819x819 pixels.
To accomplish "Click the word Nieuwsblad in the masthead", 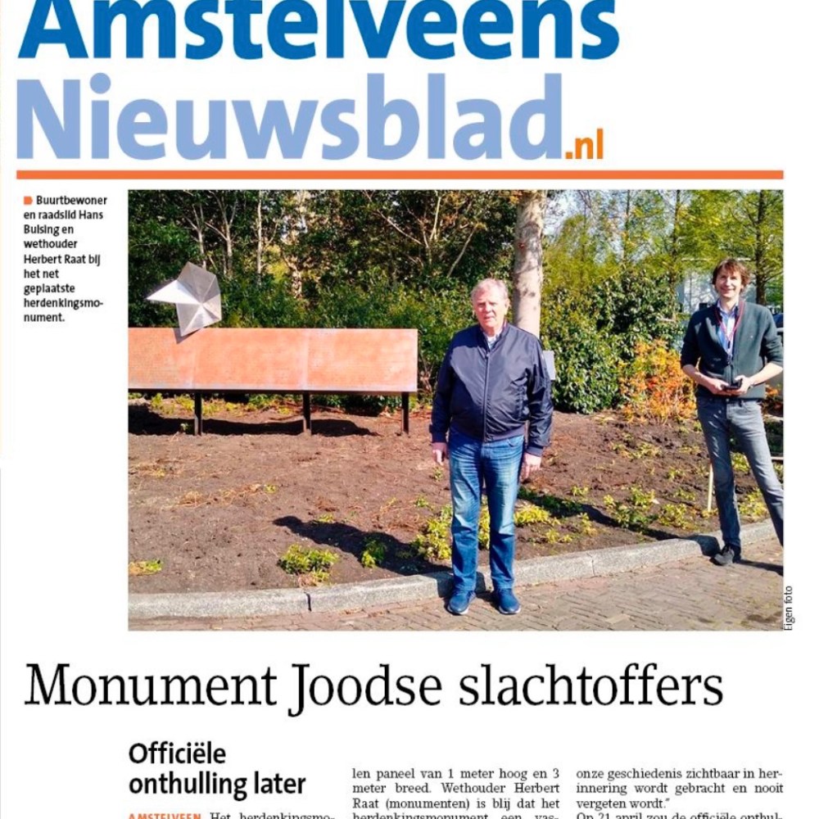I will click(x=290, y=120).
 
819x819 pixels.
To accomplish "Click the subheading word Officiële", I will click(x=177, y=753).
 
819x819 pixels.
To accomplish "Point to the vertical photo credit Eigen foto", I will click(x=789, y=608).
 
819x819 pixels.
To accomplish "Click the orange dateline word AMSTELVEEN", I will click(x=164, y=816).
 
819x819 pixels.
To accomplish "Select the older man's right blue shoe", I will click(x=460, y=602).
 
